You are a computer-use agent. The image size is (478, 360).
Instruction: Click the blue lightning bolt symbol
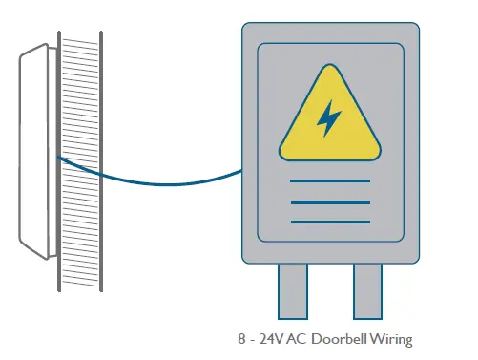[329, 118]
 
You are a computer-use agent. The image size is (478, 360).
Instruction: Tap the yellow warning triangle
[329, 123]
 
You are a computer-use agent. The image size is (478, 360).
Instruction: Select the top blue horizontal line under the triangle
[329, 180]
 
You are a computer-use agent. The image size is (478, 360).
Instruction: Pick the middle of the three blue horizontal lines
[329, 201]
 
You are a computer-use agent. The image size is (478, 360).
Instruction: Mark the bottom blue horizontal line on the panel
[329, 222]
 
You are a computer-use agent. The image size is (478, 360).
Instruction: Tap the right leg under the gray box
[367, 291]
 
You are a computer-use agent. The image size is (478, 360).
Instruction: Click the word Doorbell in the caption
[350, 339]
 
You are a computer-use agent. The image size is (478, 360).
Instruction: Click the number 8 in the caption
[241, 339]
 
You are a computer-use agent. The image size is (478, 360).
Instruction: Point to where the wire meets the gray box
[240, 171]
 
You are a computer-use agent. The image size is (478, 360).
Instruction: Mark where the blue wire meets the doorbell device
[57, 158]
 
